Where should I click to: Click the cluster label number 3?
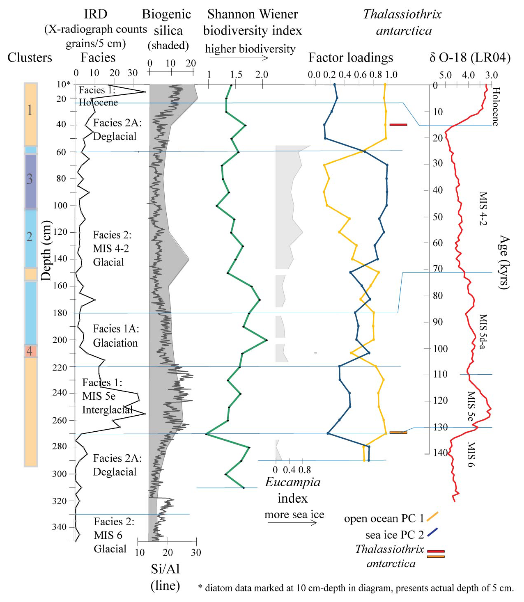point(29,179)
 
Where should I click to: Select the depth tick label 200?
point(60,340)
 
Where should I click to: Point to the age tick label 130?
point(440,427)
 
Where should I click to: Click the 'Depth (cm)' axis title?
point(46,251)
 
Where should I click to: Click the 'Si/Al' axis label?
point(165,569)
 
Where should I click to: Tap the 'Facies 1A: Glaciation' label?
point(116,336)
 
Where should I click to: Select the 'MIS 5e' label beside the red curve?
point(471,406)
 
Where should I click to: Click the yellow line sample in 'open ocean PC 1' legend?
point(432,517)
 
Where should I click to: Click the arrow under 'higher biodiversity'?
point(239,58)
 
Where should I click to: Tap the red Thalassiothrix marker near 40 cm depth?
point(398,124)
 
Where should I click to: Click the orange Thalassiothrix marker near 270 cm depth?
point(398,432)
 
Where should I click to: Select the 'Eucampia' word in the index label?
point(292,482)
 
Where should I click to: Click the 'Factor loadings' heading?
point(351,58)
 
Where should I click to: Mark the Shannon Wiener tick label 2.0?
point(262,75)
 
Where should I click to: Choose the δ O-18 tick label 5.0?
point(445,75)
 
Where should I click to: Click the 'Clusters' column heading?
point(30,57)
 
